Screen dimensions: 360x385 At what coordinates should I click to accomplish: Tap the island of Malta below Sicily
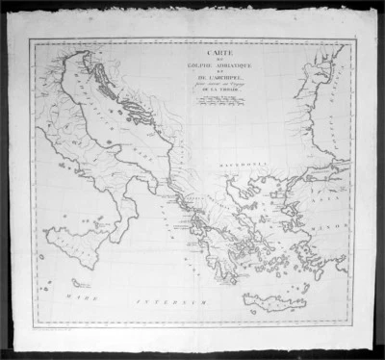(x=81, y=285)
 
